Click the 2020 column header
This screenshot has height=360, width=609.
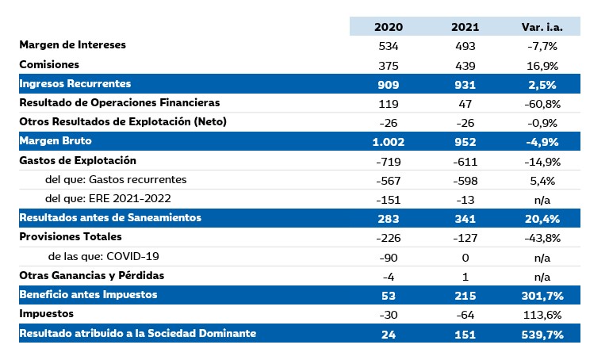[x=389, y=26]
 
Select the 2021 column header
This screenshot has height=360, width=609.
[x=465, y=26]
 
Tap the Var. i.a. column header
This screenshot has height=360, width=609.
[x=542, y=26]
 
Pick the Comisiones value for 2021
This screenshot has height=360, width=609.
[x=465, y=64]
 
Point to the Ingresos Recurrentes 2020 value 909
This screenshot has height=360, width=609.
[x=389, y=83]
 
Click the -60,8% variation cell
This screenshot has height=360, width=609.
[x=542, y=103]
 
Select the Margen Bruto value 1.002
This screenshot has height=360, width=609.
[x=389, y=141]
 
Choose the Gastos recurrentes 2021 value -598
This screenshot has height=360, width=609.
[x=465, y=180]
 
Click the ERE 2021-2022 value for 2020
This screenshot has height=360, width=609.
[x=389, y=199]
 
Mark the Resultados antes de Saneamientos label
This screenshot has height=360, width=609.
[x=109, y=218]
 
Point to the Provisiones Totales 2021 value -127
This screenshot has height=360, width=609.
[x=465, y=237]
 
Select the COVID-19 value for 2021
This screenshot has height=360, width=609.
[x=465, y=257]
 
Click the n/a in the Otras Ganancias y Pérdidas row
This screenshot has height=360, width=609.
[x=542, y=276]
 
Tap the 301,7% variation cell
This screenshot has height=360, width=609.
[x=542, y=295]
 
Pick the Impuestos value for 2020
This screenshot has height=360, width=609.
[x=389, y=314]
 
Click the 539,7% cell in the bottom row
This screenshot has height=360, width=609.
[x=542, y=334]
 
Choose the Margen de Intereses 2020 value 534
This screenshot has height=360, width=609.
[x=389, y=45]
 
